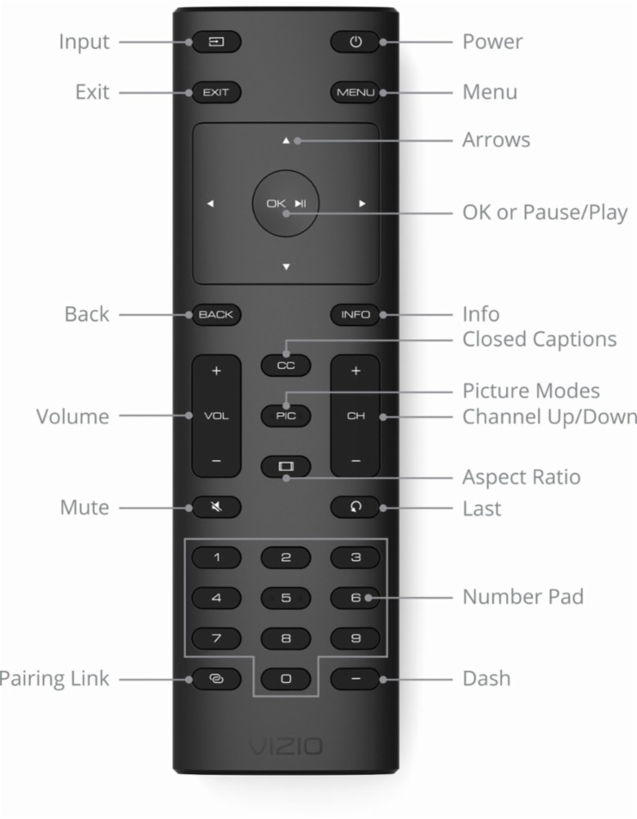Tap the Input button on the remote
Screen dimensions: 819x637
coord(216,42)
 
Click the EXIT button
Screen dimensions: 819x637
coord(216,93)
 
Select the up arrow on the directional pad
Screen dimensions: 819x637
coord(286,141)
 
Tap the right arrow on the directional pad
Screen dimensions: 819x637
coord(361,203)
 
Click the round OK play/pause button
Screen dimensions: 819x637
coord(286,203)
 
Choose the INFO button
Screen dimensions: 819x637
coord(355,314)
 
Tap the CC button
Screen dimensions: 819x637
coord(286,365)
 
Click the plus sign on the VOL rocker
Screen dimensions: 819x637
coord(216,372)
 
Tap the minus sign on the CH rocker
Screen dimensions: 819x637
coord(355,461)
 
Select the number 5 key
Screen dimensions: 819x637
coord(286,598)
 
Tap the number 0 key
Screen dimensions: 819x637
coord(286,679)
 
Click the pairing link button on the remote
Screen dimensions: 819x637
coord(216,679)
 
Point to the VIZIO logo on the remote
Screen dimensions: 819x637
coord(286,746)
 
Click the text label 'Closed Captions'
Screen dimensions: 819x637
coord(539,339)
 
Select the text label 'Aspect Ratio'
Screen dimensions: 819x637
coord(521,477)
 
